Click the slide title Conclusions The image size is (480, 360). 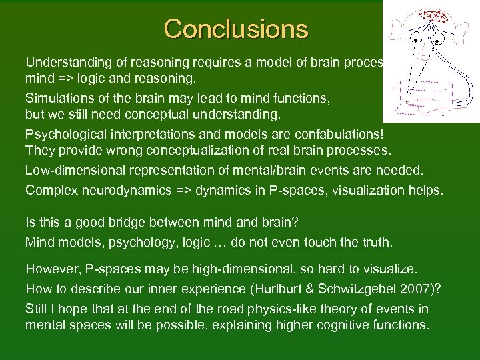[236, 29]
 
